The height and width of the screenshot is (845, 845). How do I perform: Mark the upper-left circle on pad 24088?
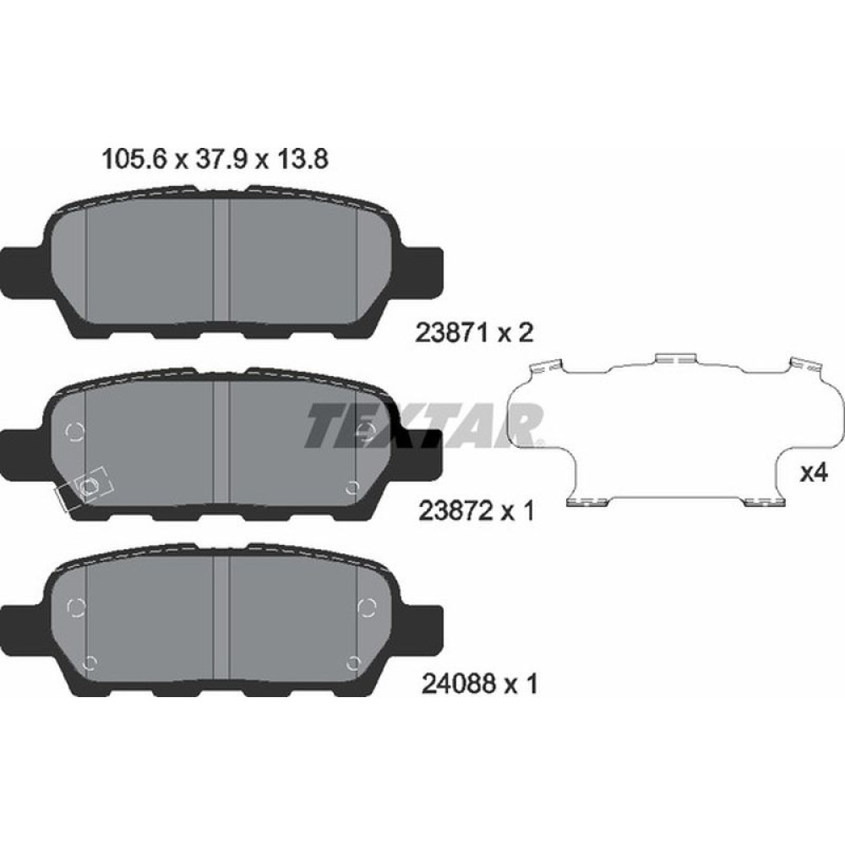tap(74, 607)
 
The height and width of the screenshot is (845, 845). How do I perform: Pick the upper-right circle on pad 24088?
tap(367, 607)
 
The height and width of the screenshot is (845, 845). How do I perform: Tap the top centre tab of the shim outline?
tap(674, 359)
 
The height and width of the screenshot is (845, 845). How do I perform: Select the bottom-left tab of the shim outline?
tap(590, 502)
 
